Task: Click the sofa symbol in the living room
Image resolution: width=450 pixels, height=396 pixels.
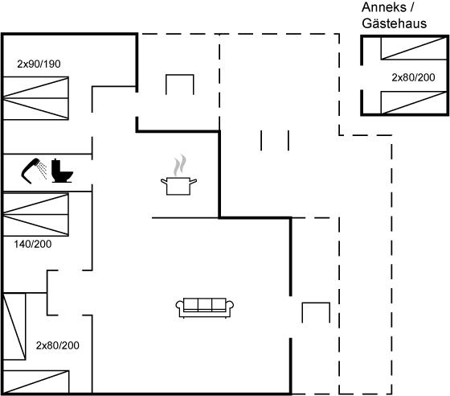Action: click(x=205, y=307)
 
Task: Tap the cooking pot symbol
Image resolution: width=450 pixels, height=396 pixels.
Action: click(x=178, y=185)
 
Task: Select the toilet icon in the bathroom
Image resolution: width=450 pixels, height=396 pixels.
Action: click(x=61, y=171)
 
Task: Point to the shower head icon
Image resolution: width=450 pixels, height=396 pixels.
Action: click(x=31, y=170)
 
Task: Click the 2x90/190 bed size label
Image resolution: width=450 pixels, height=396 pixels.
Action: click(x=39, y=64)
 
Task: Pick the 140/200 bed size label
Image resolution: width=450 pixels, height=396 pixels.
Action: click(x=33, y=244)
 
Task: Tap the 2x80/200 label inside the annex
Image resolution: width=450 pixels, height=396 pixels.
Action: click(x=413, y=77)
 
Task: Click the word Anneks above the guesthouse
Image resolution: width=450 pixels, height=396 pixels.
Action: click(x=384, y=7)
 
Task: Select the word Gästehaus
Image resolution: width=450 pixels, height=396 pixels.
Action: click(x=395, y=23)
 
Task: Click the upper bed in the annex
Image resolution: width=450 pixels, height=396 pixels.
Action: click(x=414, y=48)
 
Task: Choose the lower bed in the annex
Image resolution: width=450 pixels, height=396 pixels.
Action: click(x=414, y=102)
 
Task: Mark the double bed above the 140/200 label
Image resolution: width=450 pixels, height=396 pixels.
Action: click(x=35, y=214)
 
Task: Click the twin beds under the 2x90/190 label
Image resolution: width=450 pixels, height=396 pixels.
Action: click(x=35, y=98)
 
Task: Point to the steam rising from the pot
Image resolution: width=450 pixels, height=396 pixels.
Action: click(x=180, y=165)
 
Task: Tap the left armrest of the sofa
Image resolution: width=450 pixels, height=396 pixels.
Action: click(x=180, y=307)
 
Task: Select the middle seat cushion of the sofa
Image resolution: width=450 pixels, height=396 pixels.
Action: click(x=205, y=304)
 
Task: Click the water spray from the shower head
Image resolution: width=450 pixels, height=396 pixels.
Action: click(x=43, y=170)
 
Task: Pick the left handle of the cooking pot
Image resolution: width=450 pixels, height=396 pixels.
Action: click(x=164, y=181)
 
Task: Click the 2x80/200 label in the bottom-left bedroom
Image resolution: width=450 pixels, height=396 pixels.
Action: click(x=57, y=345)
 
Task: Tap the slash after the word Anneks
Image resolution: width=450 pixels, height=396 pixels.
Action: click(x=411, y=7)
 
